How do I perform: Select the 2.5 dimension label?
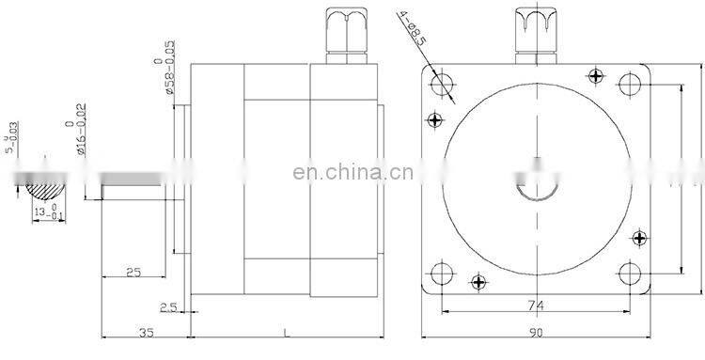pyautogui.click(x=169, y=306)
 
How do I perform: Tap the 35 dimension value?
pyautogui.click(x=145, y=333)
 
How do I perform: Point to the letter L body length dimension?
pyautogui.click(x=285, y=333)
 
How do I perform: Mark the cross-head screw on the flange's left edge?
pyautogui.click(x=433, y=119)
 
